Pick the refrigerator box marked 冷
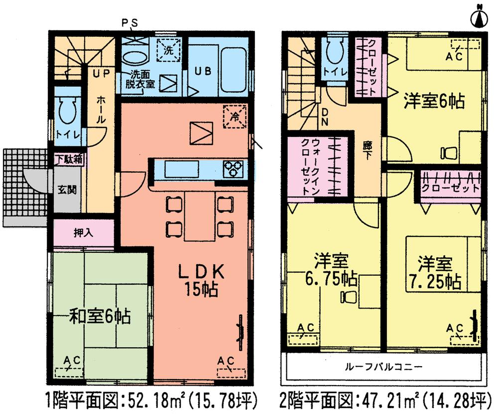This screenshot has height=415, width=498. pos(234,116)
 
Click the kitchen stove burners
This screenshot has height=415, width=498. pos(233,169)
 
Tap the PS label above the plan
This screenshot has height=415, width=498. pos(130,22)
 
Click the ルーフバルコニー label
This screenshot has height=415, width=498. pos(383,368)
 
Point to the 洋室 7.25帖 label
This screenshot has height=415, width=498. pos(435,273)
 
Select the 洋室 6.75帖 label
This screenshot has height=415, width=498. pos(331,271)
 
